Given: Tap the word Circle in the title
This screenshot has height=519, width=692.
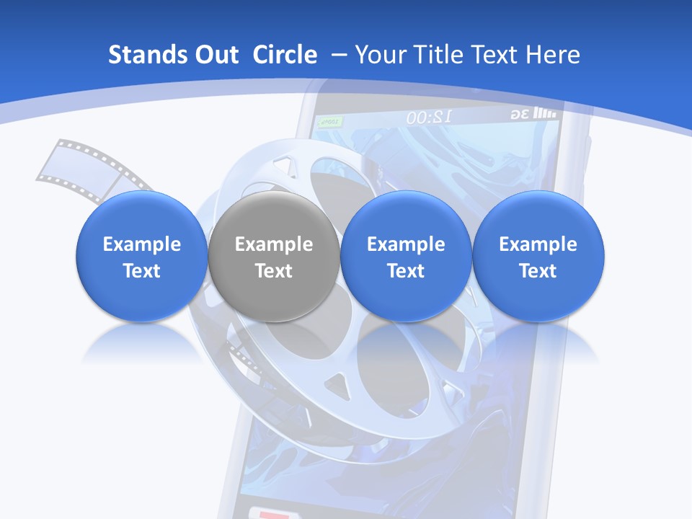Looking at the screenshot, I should click(x=285, y=55).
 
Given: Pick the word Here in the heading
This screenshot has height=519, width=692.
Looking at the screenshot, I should click(x=554, y=55).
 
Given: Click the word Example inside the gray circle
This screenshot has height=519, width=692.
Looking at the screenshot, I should click(x=274, y=244).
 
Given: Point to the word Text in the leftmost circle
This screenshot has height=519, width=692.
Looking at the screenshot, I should click(x=141, y=271).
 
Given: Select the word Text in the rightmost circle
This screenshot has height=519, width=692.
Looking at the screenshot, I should click(x=538, y=271).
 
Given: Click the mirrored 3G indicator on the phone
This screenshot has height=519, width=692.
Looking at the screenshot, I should click(x=520, y=115).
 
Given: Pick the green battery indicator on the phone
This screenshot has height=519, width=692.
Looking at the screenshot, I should click(x=329, y=123).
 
